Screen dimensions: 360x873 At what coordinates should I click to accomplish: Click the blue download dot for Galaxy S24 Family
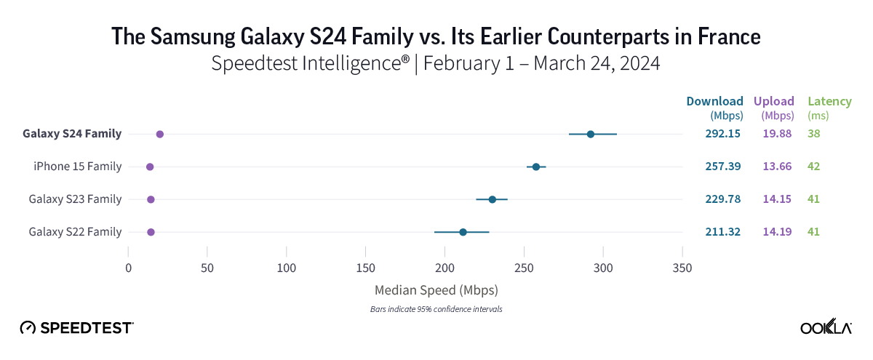pos(591,134)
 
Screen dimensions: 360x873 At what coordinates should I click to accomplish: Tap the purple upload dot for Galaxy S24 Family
pos(160,135)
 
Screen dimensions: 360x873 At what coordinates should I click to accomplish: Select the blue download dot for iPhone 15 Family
pos(536,167)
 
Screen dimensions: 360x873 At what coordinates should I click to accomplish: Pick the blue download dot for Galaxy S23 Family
pos(493,199)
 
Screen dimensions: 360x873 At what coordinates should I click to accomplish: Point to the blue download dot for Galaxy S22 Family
pos(463,232)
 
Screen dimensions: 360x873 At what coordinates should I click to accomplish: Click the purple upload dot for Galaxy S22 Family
pos(151,232)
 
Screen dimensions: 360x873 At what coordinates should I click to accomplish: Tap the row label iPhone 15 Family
pos(77,167)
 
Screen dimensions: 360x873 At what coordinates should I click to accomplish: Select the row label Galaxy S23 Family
pos(75,199)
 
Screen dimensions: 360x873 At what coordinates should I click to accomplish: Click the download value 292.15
pos(722,134)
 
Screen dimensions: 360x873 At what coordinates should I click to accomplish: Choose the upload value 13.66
pos(776,167)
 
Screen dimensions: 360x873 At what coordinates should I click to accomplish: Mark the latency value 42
pos(814,167)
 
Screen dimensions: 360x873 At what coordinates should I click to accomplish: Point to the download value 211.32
pos(722,232)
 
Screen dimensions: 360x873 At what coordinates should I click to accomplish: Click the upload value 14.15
pos(776,199)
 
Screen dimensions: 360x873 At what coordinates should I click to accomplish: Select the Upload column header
pos(774,101)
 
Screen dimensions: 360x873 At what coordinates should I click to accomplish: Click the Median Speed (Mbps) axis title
pos(436,290)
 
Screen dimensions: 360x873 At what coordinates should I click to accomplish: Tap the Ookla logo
pos(826,328)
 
